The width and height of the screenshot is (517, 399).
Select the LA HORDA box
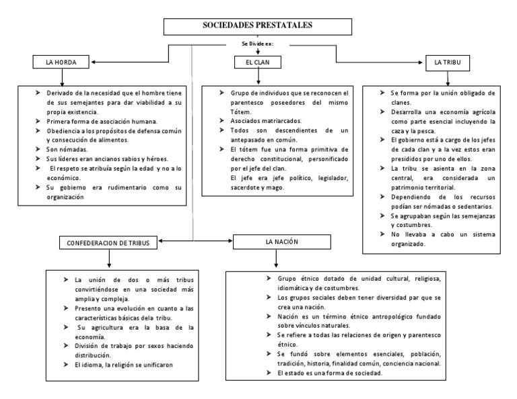(x=61, y=62)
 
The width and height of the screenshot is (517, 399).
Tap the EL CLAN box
(x=258, y=62)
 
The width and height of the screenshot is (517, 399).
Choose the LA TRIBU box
(x=448, y=62)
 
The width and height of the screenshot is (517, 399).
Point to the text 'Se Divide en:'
(x=258, y=45)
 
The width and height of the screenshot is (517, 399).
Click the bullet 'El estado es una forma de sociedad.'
(x=330, y=373)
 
